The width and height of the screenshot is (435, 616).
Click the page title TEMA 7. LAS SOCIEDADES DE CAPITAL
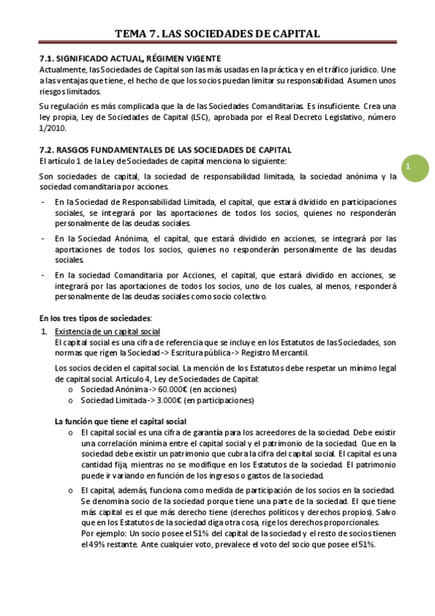tap(217, 33)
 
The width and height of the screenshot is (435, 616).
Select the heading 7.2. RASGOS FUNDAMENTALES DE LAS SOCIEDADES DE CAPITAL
tap(164, 149)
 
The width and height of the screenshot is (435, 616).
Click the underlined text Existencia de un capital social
tap(107, 331)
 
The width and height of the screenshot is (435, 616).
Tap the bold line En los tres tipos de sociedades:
tap(95, 318)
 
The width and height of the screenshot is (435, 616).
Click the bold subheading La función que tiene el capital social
tap(121, 421)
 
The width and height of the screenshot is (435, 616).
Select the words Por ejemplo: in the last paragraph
tap(104, 532)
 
